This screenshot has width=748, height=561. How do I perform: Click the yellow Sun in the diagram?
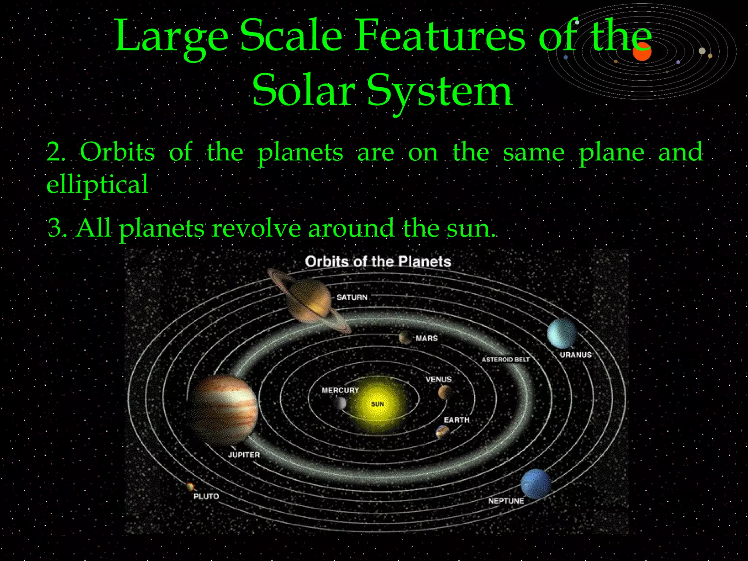(377, 404)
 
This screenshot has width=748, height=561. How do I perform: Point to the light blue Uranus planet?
(562, 333)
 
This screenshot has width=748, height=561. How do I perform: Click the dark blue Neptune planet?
(536, 484)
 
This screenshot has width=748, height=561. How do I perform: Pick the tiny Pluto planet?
(190, 486)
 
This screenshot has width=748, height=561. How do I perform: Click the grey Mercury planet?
(340, 403)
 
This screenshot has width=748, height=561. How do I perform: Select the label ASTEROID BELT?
(505, 360)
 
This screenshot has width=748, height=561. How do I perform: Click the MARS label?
(427, 339)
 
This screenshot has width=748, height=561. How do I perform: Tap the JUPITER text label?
(244, 455)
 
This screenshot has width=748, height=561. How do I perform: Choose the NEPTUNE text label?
(506, 501)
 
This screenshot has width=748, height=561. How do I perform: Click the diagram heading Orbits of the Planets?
(378, 262)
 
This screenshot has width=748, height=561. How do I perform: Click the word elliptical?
(97, 184)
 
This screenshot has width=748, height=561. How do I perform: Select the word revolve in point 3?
(256, 228)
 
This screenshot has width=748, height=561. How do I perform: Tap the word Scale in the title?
(291, 36)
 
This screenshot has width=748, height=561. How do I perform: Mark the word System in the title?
(440, 91)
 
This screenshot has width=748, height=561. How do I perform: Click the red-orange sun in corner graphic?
(642, 52)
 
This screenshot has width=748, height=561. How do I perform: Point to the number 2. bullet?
(56, 152)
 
